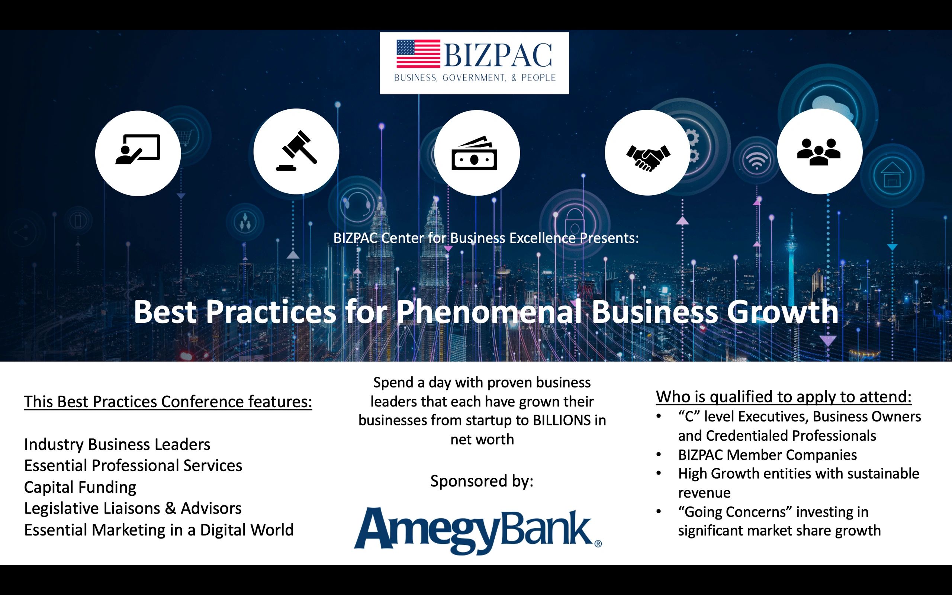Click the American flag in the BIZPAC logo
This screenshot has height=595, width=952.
418,54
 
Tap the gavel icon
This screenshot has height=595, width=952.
296,151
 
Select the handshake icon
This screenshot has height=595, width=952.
648,157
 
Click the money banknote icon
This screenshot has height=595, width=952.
475,154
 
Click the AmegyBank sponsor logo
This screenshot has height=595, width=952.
477,530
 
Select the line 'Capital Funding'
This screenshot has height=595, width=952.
80,487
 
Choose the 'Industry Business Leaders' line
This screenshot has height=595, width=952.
117,445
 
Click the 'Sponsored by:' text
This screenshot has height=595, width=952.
482,481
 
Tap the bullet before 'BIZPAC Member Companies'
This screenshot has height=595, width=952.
659,455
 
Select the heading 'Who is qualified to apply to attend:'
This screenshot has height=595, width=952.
783,397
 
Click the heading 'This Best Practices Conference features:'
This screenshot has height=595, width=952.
168,402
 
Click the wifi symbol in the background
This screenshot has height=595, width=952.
756,161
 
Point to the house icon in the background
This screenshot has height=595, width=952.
892,175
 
